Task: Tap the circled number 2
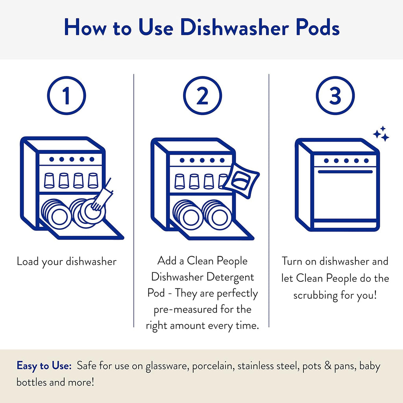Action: point(202,96)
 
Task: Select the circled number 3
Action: point(335,96)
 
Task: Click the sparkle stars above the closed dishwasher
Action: point(381,134)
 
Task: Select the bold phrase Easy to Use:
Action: point(44,366)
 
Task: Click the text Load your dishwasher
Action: point(67,261)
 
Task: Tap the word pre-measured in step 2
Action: point(189,309)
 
